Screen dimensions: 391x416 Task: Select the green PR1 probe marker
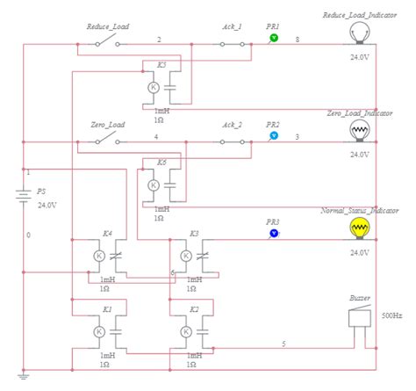(273, 40)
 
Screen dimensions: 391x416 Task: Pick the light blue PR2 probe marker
(274, 137)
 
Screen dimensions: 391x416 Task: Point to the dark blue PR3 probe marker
(274, 234)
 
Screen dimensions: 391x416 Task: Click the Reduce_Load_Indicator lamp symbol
(358, 33)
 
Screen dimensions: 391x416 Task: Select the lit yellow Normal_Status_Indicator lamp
(358, 228)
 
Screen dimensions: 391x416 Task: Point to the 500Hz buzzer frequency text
(392, 315)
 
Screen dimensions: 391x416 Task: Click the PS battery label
(40, 191)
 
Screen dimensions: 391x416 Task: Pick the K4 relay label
(107, 233)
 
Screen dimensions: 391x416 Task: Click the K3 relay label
(195, 233)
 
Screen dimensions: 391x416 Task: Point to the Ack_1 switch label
(232, 27)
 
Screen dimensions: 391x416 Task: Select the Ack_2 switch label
(232, 125)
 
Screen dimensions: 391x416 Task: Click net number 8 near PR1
(298, 40)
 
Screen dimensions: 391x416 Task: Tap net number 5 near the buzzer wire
(283, 344)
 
